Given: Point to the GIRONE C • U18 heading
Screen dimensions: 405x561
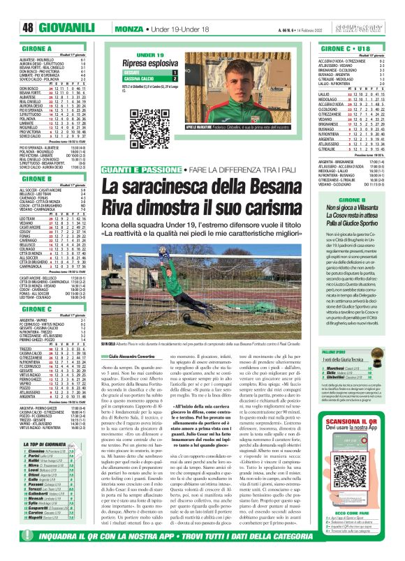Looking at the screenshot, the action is tap(329, 50).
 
